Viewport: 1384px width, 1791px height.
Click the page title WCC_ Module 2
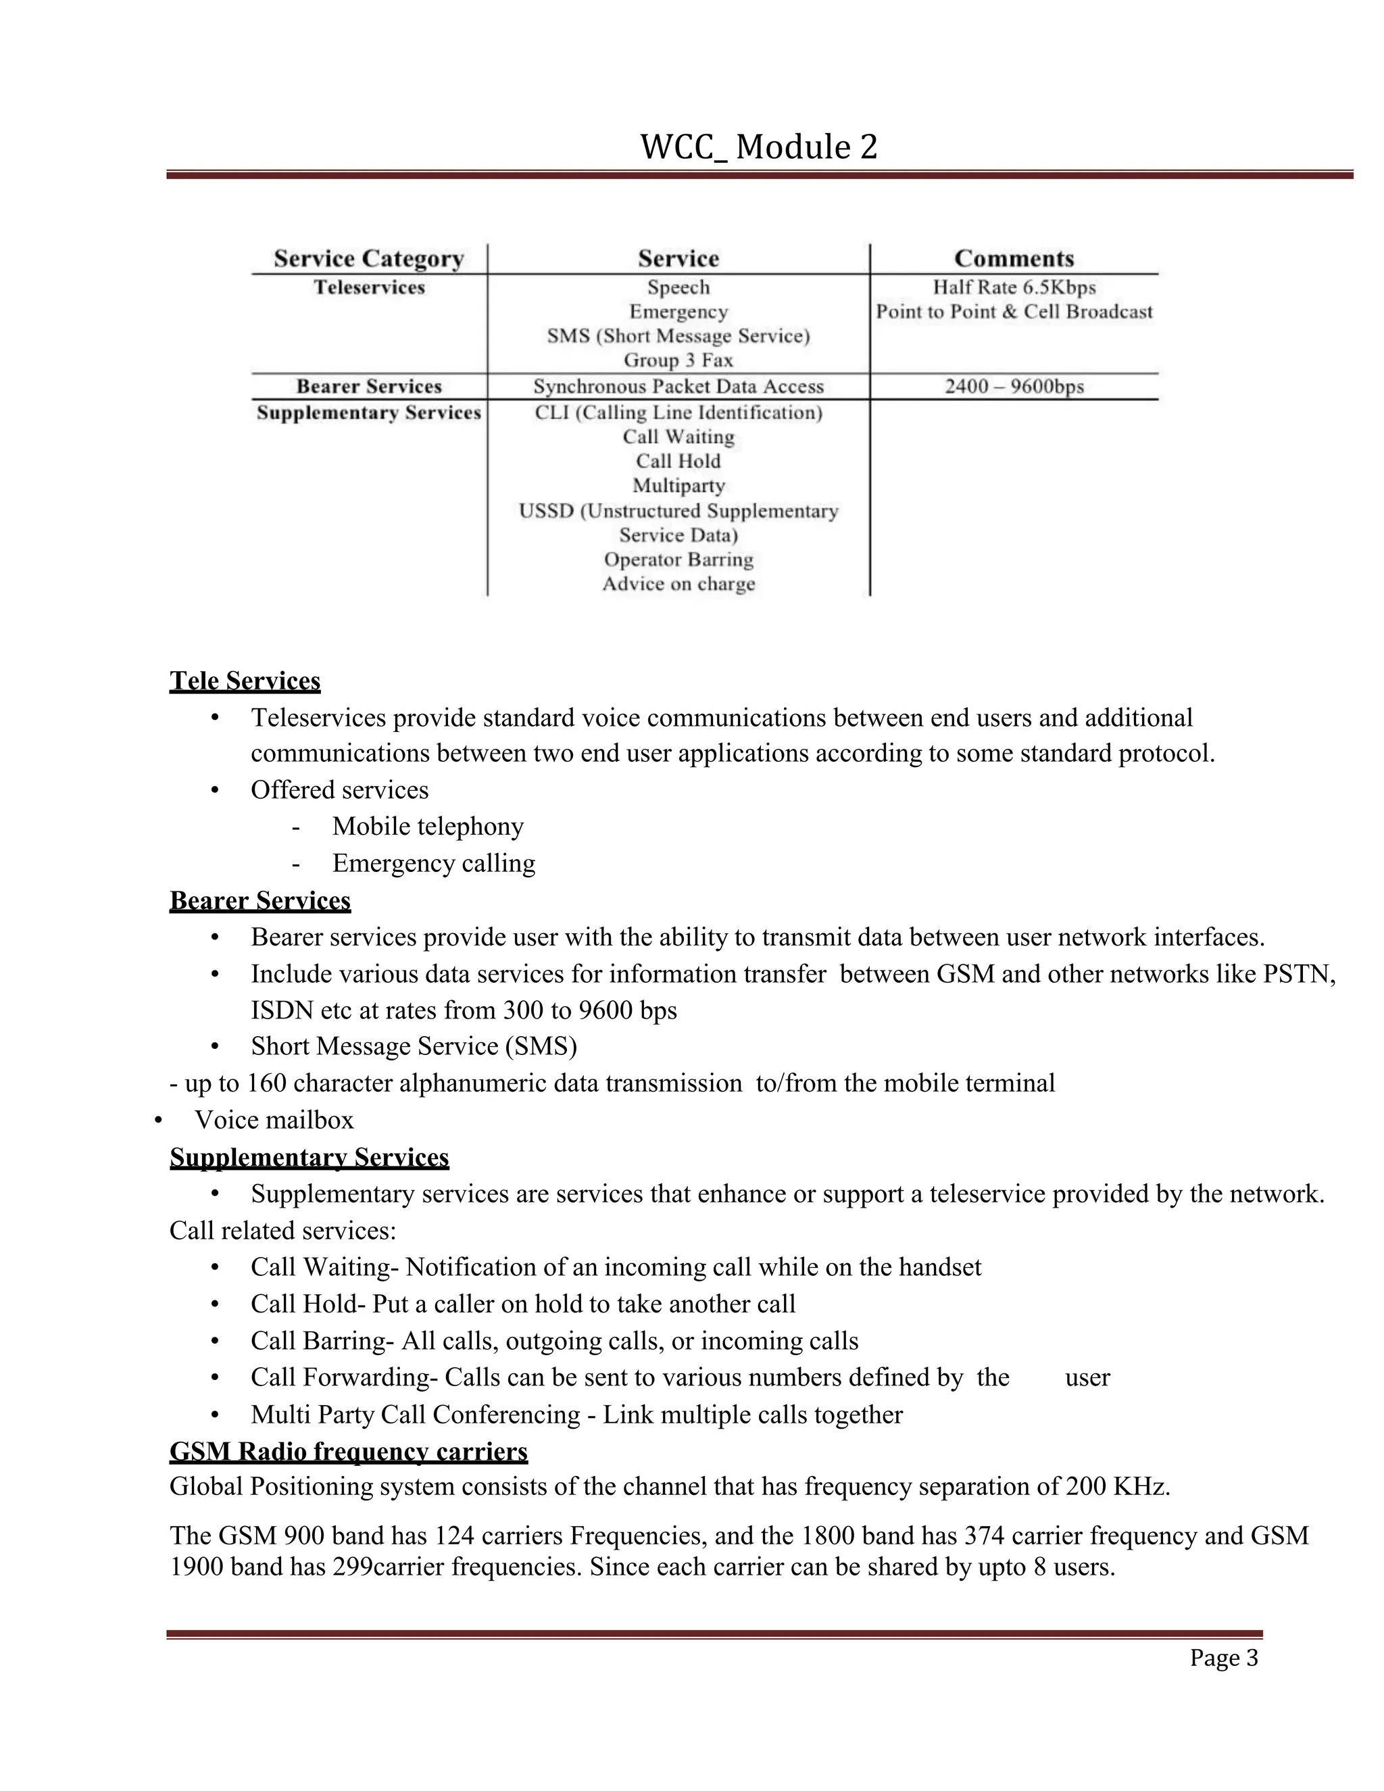tap(758, 147)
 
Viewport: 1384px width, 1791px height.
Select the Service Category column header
tap(369, 259)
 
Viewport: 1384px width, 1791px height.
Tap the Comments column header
tap(1014, 259)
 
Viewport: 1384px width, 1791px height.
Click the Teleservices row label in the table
tap(369, 288)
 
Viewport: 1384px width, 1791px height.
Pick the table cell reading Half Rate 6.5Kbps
tap(1014, 288)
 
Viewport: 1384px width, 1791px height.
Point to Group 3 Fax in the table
tap(678, 360)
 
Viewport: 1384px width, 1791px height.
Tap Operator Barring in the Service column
tap(678, 560)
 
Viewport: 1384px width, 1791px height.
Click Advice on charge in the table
tap(678, 584)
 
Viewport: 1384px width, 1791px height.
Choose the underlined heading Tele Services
tap(245, 681)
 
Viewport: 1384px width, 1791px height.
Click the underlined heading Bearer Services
tap(260, 900)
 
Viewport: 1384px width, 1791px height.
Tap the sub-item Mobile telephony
tap(427, 826)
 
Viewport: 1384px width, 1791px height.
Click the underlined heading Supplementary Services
tap(309, 1157)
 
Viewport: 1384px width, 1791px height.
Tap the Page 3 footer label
tap(1223, 1658)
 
